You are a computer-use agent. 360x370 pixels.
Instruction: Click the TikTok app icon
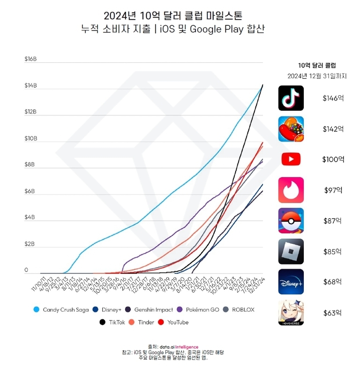pos(291,98)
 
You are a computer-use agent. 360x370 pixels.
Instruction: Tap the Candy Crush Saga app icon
pos(291,129)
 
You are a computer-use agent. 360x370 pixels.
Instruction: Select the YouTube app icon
pos(291,159)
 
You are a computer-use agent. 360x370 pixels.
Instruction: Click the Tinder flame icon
pos(291,190)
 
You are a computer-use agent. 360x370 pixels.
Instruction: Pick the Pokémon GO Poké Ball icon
pos(291,220)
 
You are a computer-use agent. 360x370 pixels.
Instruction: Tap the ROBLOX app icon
pos(291,251)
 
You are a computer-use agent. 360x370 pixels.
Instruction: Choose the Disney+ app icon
pos(291,282)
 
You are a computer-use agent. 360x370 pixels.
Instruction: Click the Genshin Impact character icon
pos(291,312)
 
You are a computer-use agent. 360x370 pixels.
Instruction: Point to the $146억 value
pos(333,98)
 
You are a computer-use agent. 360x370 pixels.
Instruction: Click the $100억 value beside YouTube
pos(333,159)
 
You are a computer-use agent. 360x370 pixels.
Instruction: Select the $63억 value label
pos(333,312)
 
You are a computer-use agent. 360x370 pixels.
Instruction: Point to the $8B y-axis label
pos(30,165)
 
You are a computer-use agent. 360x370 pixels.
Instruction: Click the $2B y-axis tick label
pos(30,244)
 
